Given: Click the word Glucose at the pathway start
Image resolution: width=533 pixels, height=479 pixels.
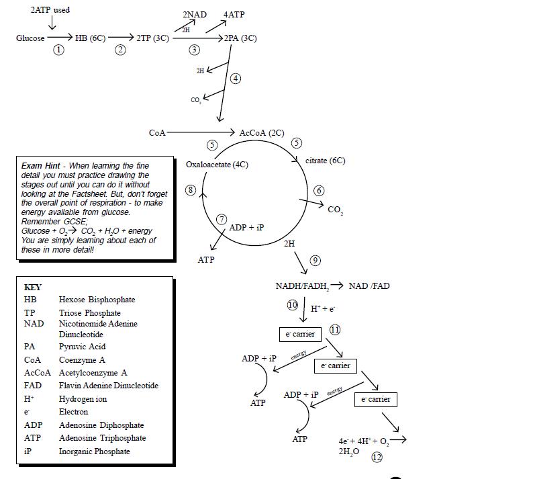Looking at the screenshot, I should [30, 38].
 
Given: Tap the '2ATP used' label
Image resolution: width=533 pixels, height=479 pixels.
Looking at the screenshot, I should [50, 10].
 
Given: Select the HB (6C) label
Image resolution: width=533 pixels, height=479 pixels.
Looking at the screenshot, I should [90, 38].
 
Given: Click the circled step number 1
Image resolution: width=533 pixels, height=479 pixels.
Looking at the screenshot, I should [59, 50].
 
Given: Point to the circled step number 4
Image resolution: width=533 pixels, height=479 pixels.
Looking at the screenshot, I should [236, 79].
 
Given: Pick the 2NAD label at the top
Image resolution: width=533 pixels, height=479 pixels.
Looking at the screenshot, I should [195, 15].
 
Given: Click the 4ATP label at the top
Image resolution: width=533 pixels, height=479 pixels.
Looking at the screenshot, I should [234, 15].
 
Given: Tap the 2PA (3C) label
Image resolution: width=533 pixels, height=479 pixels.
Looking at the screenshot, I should [241, 38].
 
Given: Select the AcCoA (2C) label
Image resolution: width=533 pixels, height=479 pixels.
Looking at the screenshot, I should [262, 133].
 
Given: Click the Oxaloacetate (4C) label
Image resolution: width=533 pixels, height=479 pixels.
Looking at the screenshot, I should [217, 165].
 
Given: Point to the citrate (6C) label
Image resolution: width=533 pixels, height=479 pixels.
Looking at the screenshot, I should [325, 161].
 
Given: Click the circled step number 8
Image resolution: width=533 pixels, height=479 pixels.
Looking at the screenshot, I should [191, 190].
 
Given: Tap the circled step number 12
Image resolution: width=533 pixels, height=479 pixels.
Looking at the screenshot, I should [377, 457].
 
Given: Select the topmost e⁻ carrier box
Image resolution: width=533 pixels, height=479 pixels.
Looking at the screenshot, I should [300, 334].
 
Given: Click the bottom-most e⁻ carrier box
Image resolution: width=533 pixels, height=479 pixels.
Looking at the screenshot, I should [375, 399].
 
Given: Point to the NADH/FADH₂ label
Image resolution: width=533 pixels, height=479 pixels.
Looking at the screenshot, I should [302, 286].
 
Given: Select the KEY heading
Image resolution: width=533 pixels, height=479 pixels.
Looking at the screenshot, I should [33, 287].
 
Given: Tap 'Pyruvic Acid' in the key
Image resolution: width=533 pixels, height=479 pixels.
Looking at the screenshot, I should [82, 347].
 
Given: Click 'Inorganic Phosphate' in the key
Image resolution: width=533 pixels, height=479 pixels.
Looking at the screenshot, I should [94, 451].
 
